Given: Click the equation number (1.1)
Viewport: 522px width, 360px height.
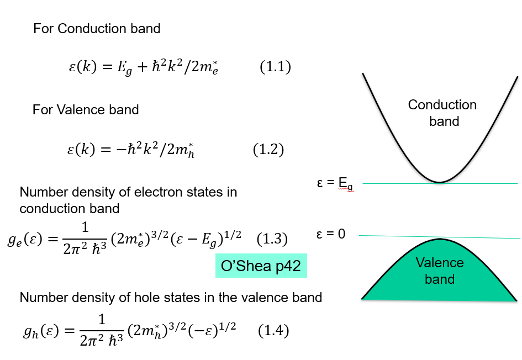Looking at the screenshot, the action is click(x=275, y=67).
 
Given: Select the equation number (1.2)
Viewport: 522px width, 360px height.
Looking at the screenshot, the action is click(x=268, y=150).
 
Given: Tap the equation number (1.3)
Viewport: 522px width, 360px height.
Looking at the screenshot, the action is click(x=272, y=239).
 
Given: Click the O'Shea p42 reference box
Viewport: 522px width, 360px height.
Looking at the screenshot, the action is click(x=261, y=266).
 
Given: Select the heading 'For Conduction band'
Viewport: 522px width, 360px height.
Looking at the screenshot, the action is click(x=97, y=28).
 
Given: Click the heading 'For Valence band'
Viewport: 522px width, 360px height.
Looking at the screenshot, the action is click(x=86, y=109).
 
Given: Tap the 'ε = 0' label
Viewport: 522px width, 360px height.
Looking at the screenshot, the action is click(x=331, y=234).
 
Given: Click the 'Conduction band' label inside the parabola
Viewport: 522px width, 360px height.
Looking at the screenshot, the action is click(x=442, y=113).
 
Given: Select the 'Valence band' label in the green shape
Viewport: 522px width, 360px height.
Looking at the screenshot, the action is click(x=440, y=271).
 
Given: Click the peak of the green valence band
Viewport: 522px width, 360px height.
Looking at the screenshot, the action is click(x=440, y=240).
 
